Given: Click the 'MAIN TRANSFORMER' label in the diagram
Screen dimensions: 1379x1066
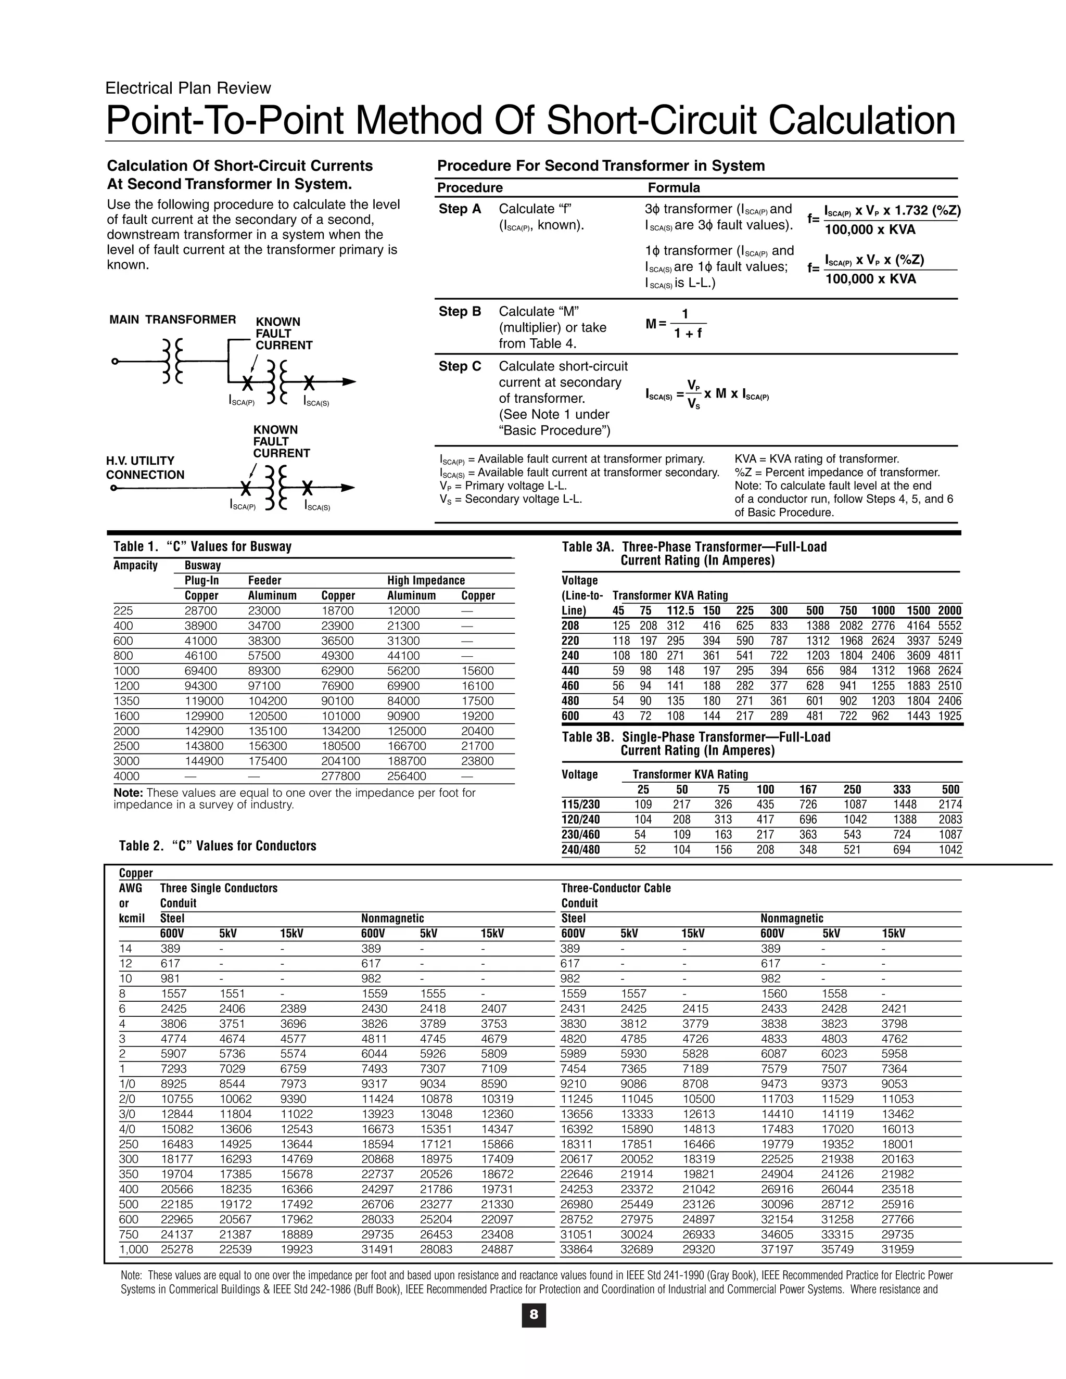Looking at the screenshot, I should (172, 320).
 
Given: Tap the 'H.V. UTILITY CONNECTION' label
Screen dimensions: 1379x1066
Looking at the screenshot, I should (145, 468).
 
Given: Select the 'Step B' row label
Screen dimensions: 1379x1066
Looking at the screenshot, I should (460, 311).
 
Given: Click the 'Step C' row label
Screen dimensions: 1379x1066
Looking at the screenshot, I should (460, 366).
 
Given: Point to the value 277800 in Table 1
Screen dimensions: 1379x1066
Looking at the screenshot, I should (340, 776).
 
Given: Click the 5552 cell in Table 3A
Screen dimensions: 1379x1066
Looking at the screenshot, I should (949, 625).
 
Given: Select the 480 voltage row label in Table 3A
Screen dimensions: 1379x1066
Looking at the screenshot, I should (570, 701).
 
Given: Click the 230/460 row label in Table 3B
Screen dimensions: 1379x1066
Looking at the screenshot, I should (580, 835).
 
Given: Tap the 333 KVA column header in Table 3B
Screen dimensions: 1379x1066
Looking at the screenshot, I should (901, 789).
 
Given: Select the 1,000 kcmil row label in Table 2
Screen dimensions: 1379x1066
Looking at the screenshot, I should (133, 1249).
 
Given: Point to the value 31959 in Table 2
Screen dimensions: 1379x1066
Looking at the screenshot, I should (897, 1249).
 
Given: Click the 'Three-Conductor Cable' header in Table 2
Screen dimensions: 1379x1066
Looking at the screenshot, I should (616, 888).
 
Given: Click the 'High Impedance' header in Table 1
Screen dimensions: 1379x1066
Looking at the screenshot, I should (426, 580).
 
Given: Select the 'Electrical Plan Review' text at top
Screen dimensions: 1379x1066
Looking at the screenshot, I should (188, 88).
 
